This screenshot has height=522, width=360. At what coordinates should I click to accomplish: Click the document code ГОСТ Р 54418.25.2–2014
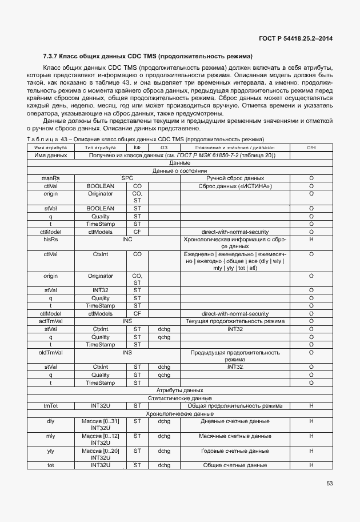point(294,38)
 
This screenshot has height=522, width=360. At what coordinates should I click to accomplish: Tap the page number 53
point(329,483)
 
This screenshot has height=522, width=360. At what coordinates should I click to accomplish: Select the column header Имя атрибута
point(51,148)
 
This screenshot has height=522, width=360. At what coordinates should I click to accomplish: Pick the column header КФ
point(137,148)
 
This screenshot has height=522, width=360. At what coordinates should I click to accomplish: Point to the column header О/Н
point(311,148)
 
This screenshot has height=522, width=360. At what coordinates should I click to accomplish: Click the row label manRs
point(51,178)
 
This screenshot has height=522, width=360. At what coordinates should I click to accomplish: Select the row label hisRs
point(51,240)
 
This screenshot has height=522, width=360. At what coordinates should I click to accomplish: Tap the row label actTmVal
point(51,321)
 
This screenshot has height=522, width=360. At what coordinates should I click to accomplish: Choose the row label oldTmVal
point(51,352)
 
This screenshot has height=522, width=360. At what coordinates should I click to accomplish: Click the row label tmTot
point(51,405)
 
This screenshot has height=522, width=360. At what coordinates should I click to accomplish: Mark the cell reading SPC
point(127,178)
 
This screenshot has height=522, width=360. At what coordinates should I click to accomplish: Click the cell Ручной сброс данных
point(235,178)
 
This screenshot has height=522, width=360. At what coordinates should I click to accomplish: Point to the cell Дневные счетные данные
point(235,421)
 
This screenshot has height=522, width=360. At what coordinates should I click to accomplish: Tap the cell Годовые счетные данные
point(235,451)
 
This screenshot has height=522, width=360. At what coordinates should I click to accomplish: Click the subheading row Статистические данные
point(179,398)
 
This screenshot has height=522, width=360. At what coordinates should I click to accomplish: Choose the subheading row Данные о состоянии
point(179,171)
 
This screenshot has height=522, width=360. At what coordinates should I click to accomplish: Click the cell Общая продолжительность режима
point(235,405)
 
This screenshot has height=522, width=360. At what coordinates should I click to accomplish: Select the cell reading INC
point(127,240)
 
